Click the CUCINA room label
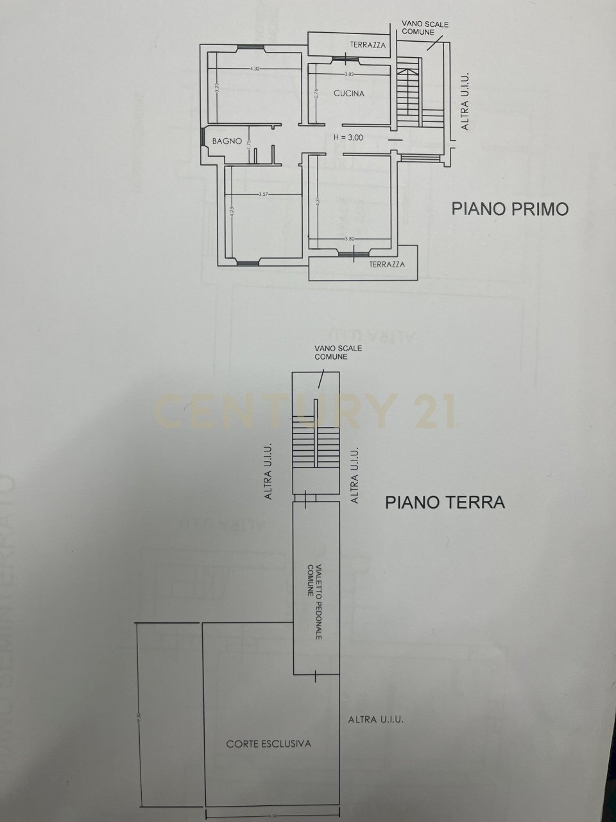coord(349,93)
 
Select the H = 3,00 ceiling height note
coord(348,137)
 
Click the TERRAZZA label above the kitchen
coord(368,45)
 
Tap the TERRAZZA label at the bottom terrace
coord(387,264)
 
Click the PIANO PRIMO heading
coord(510,209)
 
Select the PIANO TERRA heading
coord(445,502)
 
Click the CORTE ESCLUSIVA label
coord(268,744)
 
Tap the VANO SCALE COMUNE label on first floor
coord(425,28)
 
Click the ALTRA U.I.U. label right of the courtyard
coord(376,720)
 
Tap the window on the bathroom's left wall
coord(202,137)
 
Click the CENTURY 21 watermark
coord(305,411)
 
